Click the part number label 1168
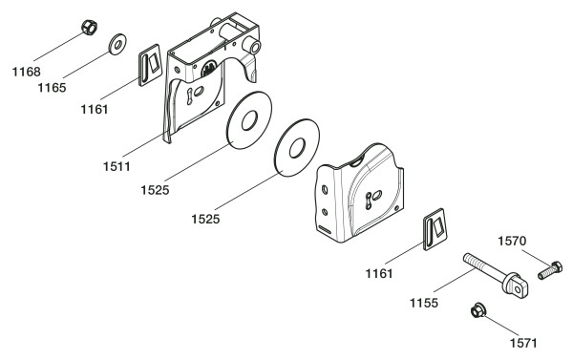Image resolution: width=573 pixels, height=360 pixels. (x=27, y=72)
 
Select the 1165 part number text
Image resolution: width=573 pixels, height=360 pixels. (x=52, y=88)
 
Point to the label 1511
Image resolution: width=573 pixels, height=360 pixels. (x=117, y=167)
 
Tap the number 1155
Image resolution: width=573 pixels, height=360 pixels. (x=423, y=303)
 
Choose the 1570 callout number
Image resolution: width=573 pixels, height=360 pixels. (x=512, y=242)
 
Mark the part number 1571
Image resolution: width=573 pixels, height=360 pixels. (x=523, y=343)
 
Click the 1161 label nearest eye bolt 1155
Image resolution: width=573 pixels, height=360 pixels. (x=379, y=273)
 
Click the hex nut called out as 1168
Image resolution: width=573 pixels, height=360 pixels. (x=89, y=28)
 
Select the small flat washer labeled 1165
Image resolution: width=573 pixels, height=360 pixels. (x=117, y=45)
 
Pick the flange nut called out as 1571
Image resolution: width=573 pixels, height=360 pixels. (x=477, y=310)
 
